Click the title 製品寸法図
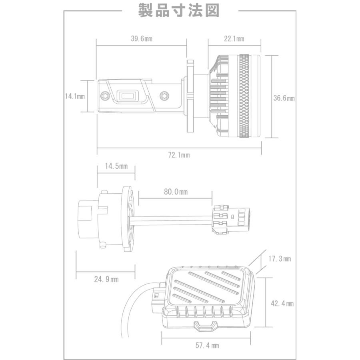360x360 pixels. pos(179,10)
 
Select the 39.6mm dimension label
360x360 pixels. pos(142,38)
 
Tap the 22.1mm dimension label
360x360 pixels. pos(234,38)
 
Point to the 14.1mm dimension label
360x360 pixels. pos(75,96)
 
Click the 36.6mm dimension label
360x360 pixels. pos(284,98)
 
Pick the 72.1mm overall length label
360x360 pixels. pos(179,155)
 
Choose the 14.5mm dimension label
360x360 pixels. pos(116,166)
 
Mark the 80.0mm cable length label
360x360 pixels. pos(176,192)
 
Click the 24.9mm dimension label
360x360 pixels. pos(106,279)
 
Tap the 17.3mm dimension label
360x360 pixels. pos(280,259)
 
